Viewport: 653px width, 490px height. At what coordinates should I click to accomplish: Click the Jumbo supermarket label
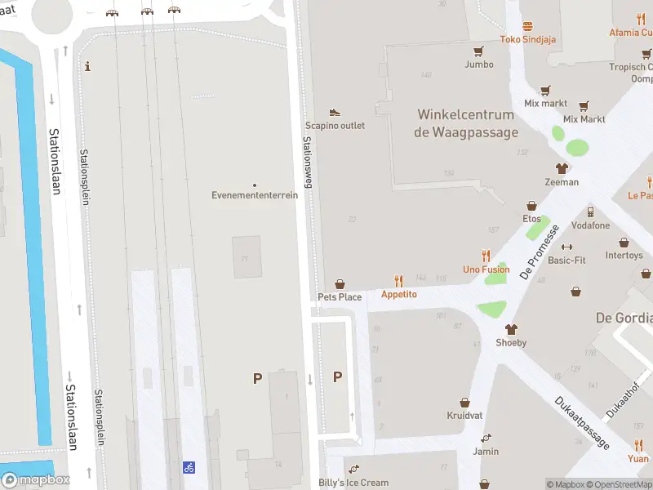click(x=479, y=64)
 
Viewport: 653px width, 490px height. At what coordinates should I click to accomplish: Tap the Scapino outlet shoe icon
click(x=335, y=112)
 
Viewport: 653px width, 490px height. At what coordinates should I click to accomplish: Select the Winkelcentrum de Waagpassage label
click(x=466, y=123)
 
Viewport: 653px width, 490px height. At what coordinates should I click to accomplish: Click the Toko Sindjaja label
click(x=528, y=39)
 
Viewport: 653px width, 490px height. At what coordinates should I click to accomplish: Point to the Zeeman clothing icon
click(x=562, y=168)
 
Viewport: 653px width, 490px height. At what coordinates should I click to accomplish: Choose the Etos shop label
click(x=531, y=219)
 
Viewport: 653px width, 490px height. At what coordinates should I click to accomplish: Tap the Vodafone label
click(x=590, y=225)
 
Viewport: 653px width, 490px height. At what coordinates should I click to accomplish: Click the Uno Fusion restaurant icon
click(x=486, y=255)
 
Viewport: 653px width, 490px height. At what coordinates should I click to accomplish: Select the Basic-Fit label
click(x=566, y=261)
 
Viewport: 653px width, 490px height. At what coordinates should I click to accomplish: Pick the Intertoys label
click(x=624, y=256)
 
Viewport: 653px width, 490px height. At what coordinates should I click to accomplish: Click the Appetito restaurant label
click(x=398, y=294)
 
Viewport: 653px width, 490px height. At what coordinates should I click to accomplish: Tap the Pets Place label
click(x=340, y=297)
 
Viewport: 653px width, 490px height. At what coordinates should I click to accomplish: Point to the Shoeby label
click(x=511, y=343)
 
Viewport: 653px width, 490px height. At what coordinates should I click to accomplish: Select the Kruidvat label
click(x=464, y=416)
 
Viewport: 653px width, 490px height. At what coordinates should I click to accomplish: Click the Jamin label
click(x=486, y=451)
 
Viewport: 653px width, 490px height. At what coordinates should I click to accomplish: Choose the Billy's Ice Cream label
click(x=353, y=483)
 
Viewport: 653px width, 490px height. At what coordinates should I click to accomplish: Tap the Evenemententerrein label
click(x=255, y=195)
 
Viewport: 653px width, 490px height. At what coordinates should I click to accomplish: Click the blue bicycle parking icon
click(x=189, y=467)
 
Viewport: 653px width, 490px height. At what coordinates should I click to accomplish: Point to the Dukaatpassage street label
click(x=581, y=422)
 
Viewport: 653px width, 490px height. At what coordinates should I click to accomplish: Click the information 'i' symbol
click(x=88, y=66)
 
